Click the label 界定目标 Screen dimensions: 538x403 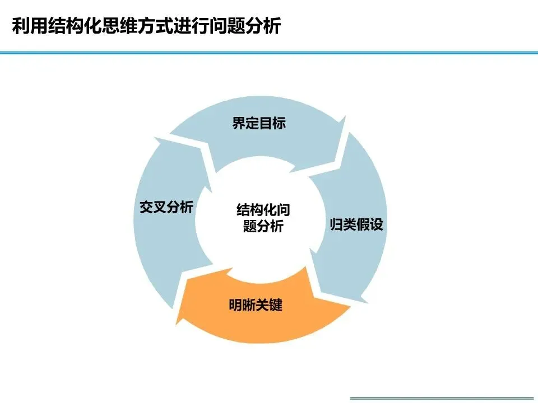coord(259,124)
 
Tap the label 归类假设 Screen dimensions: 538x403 coord(356,226)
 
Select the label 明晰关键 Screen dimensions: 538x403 coord(256,306)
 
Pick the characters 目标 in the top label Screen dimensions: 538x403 coord(272,124)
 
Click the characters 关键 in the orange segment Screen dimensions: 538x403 coord(269,306)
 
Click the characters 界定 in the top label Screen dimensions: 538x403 coord(245,124)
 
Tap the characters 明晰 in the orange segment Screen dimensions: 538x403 coord(242,306)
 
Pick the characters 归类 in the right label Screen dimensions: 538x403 coord(342,226)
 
